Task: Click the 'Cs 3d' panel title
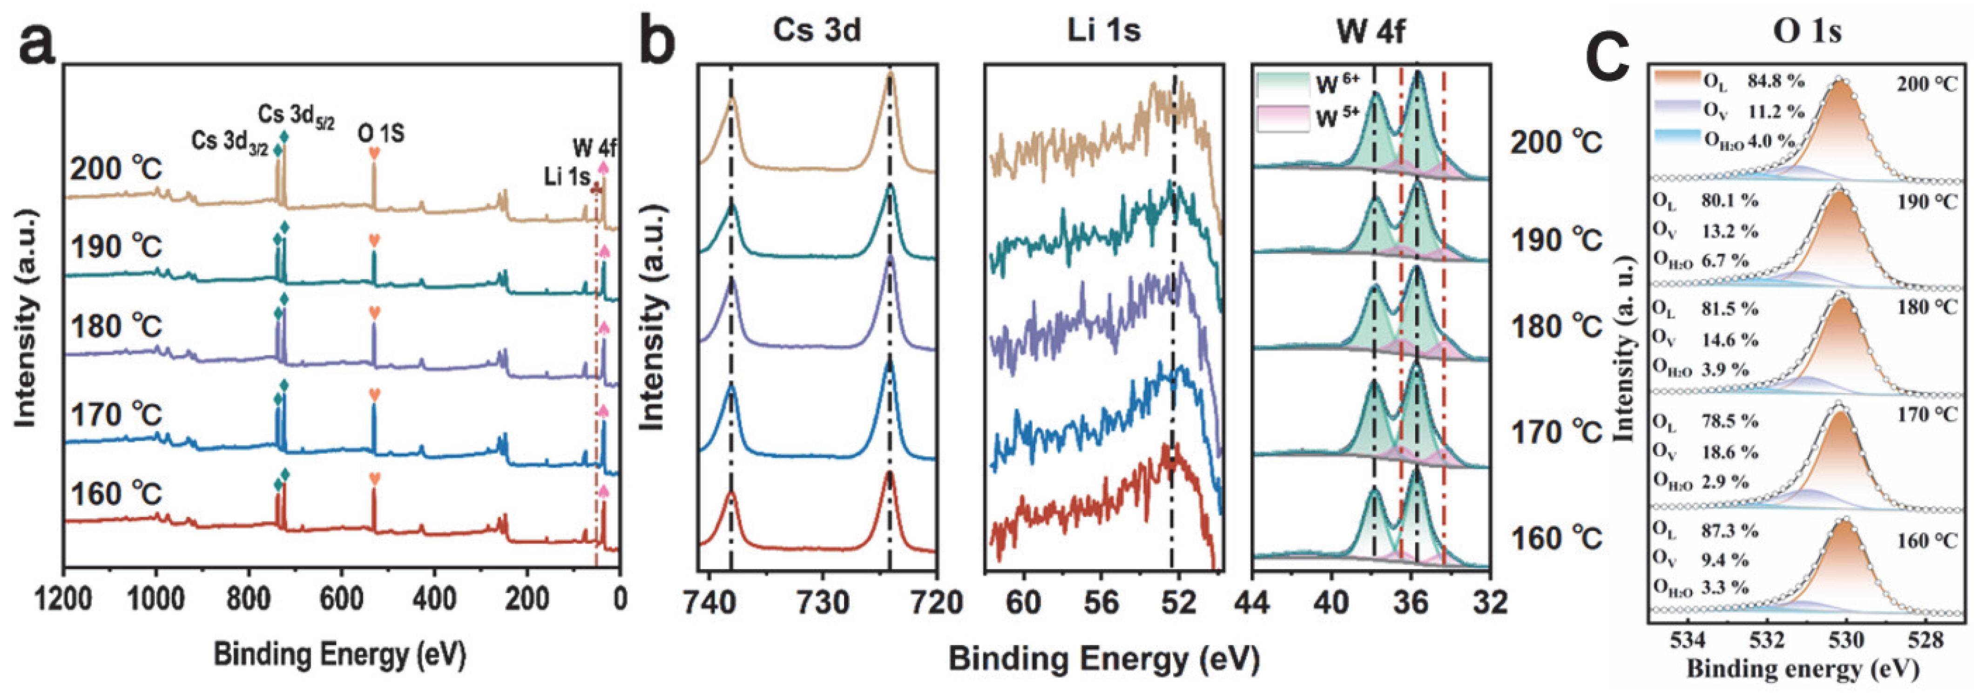(x=817, y=31)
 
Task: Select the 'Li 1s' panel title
(x=1103, y=31)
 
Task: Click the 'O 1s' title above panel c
(x=1807, y=31)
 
